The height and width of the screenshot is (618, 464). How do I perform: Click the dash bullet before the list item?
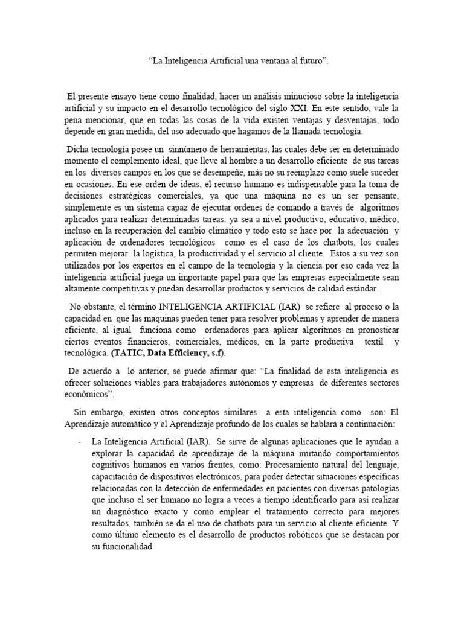(80, 441)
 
